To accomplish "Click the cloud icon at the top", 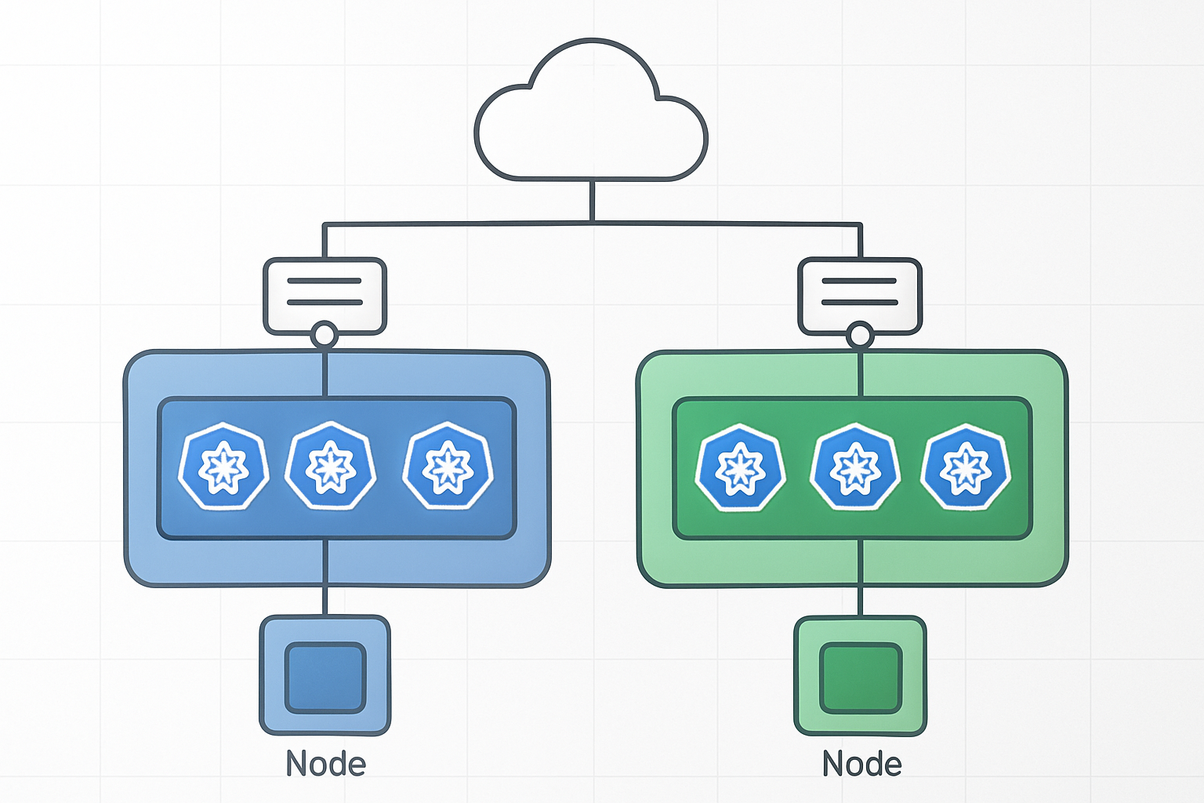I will click(x=591, y=118).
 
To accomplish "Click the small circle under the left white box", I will click(x=325, y=336).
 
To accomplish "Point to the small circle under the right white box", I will click(x=860, y=336).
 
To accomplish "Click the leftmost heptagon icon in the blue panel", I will click(x=223, y=467).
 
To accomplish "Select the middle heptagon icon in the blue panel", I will click(x=330, y=467).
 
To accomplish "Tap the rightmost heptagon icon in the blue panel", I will click(x=448, y=467).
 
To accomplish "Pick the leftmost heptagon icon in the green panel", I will click(x=740, y=468).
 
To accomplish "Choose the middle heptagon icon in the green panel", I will click(x=854, y=468).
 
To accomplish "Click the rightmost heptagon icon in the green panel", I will click(x=966, y=468).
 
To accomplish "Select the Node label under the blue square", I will click(x=325, y=764).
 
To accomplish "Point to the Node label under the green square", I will click(x=861, y=764).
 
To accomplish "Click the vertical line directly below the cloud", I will click(x=592, y=202).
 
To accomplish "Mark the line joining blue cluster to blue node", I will click(x=325, y=601).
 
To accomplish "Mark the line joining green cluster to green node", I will click(x=860, y=601).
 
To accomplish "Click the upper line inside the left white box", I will click(x=325, y=281).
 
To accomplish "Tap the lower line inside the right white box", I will click(x=859, y=302).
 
